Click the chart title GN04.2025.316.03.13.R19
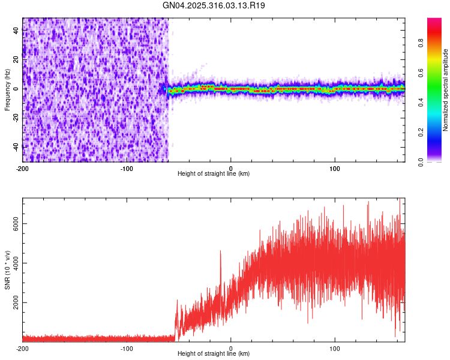click(214, 5)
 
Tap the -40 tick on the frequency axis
click(16, 146)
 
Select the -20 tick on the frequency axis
click(16, 118)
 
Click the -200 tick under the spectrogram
click(23, 167)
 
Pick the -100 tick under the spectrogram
click(127, 167)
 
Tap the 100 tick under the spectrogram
click(335, 167)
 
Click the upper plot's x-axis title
click(214, 174)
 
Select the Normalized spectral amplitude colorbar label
click(446, 90)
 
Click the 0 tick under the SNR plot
click(231, 348)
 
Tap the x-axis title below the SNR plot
click(214, 354)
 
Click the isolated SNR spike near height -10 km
click(220, 252)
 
